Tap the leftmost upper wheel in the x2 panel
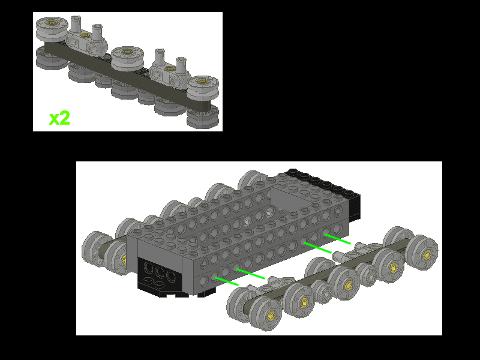coord(50,28)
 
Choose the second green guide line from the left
coord(250,274)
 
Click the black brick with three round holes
coord(159,275)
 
